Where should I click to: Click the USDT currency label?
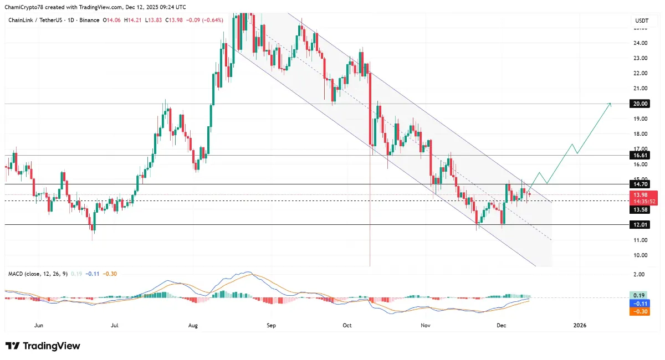[641, 20]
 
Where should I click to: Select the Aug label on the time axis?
[193, 326]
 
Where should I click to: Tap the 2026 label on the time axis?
[579, 326]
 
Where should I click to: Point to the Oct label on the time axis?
[347, 326]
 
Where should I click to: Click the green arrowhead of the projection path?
[610, 104]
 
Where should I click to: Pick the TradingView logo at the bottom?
[43, 346]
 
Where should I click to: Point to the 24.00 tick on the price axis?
[641, 43]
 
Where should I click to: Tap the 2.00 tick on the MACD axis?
[639, 275]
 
